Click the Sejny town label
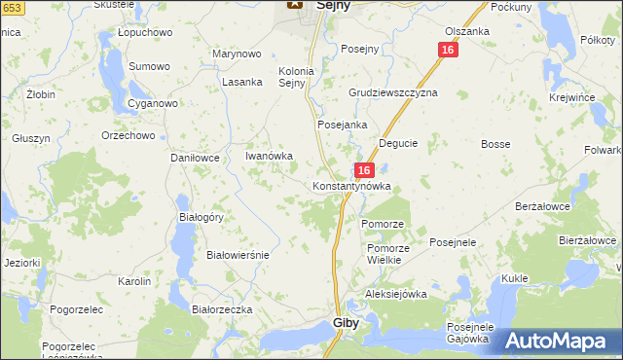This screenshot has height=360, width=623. pos(334,5)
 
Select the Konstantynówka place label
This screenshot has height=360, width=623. pos(351,185)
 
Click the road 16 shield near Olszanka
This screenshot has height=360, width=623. pos(447,50)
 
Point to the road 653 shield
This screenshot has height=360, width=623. pos(10,8)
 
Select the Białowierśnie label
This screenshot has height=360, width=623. pos(238,254)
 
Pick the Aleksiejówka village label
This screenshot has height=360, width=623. pos(396,294)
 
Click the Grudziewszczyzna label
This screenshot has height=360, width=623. pos(393,92)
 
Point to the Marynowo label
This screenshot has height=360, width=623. pos(238,54)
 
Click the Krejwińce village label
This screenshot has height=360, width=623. pos(571,99)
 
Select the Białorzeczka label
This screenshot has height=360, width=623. pos(223,308)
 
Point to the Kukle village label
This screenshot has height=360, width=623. pos(515,278)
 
